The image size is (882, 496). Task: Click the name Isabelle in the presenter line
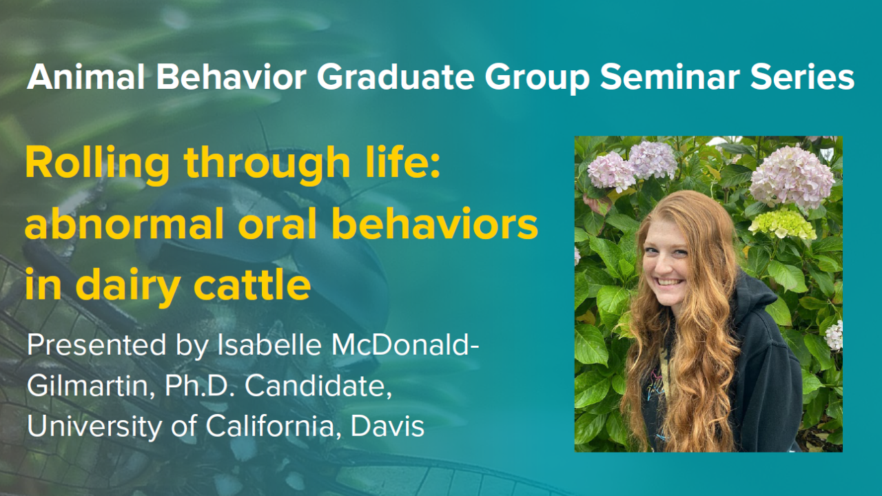click(271, 345)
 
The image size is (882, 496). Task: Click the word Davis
click(388, 426)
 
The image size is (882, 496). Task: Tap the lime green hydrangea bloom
click(781, 224)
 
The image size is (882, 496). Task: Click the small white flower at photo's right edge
click(834, 335)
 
